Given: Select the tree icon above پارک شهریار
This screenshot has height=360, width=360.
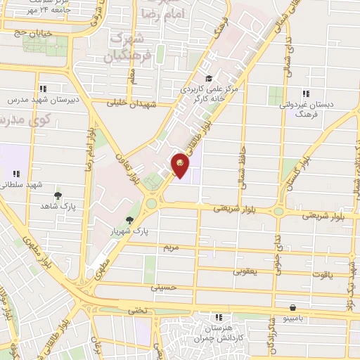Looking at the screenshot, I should (x=129, y=219).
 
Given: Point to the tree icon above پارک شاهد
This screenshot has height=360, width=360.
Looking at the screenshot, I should (x=58, y=195).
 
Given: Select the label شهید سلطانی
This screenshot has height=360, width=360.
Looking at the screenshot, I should (x=24, y=184).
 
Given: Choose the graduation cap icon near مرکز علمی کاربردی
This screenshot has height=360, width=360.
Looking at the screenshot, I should (x=208, y=79).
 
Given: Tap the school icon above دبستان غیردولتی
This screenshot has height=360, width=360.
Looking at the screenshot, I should (x=305, y=93).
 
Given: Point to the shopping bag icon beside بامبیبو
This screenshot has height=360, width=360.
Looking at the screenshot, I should (x=292, y=307).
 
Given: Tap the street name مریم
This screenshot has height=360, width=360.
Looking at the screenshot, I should (x=172, y=248).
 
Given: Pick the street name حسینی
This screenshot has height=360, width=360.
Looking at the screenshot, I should (x=161, y=288).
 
